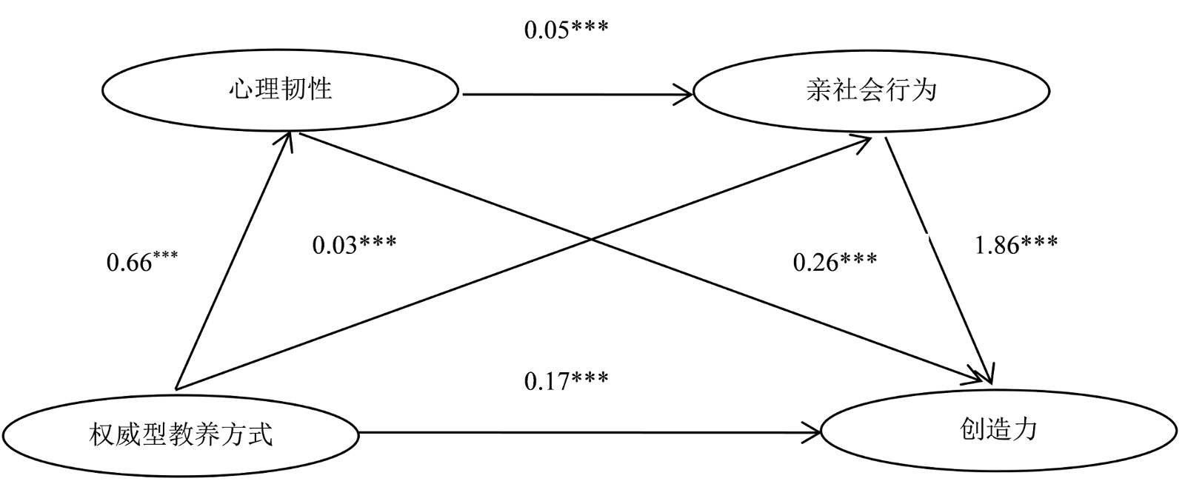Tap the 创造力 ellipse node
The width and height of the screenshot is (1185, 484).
tap(998, 430)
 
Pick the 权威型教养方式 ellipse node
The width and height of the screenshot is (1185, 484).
tap(181, 434)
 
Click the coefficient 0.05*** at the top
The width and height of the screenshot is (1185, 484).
tap(566, 30)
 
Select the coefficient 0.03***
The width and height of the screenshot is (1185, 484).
tap(354, 244)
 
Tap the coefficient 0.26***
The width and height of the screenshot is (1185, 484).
tap(835, 261)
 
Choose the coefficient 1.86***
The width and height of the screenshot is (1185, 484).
tap(1015, 244)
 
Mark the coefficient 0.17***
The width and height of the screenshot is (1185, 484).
tap(566, 381)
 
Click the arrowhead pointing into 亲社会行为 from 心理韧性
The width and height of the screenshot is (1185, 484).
tap(684, 95)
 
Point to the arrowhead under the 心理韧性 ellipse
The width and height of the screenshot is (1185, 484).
tap(290, 141)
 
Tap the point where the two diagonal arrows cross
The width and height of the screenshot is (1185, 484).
tap(590, 238)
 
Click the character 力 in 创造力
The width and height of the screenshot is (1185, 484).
tap(1025, 429)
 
